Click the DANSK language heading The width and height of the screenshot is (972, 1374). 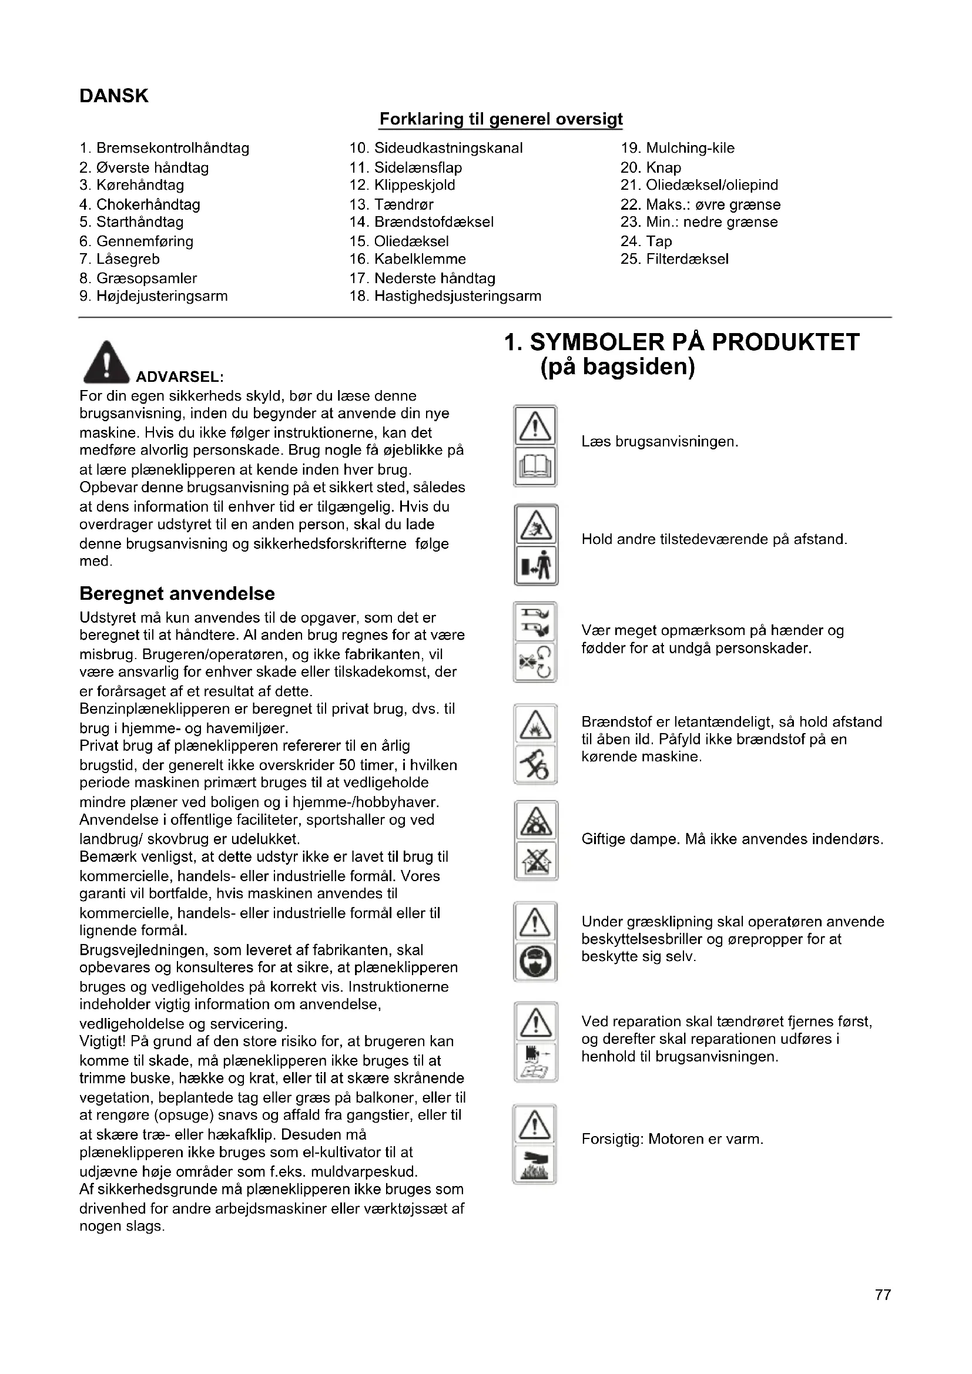pos(114,96)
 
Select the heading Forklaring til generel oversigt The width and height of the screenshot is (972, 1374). pos(501,120)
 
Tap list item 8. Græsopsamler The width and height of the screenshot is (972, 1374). pos(138,278)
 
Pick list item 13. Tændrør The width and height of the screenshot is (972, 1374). pos(391,204)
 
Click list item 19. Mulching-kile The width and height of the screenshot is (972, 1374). pos(678,149)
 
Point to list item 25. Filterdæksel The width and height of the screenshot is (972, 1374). pos(675,259)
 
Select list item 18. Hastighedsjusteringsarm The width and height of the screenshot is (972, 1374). pos(445,296)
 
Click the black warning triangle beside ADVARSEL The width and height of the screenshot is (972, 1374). pos(106,362)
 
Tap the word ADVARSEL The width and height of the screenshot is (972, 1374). pos(180,377)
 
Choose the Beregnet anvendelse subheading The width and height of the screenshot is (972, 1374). pos(177,594)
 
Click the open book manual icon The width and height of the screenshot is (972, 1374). pos(536,467)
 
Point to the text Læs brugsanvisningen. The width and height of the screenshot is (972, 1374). pos(659,442)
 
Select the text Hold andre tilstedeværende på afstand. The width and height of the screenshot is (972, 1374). pos(714,540)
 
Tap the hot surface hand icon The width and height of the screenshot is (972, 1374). pos(535,1164)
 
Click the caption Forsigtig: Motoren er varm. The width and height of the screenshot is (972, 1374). pos(672,1139)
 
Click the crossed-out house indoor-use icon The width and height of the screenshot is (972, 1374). pos(536,861)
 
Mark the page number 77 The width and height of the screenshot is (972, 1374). pos(883,1312)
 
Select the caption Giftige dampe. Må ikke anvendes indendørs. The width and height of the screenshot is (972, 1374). pos(732,839)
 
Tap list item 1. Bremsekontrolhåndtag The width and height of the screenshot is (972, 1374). pos(165,149)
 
